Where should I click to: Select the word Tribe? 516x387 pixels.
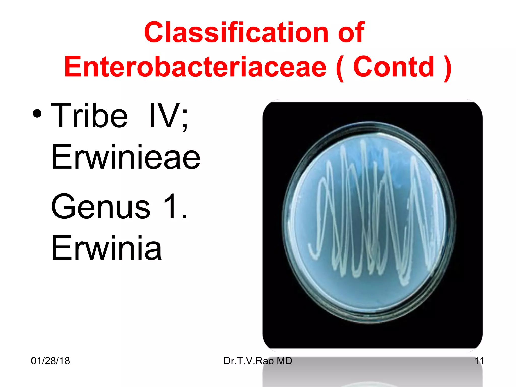point(89,116)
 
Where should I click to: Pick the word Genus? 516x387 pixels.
point(101,207)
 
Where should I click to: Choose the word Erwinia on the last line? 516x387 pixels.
point(106,248)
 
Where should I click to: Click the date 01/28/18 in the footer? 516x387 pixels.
point(50,361)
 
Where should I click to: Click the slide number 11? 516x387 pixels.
point(479,361)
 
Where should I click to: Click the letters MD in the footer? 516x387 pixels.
point(284,361)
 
